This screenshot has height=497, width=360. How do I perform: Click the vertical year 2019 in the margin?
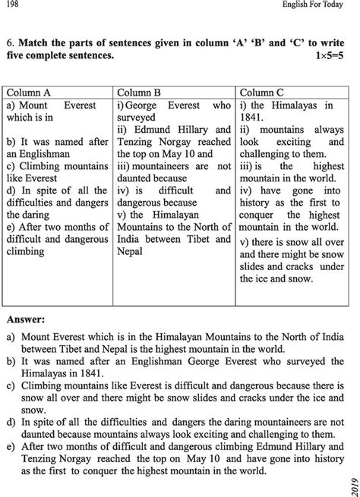click(350, 479)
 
